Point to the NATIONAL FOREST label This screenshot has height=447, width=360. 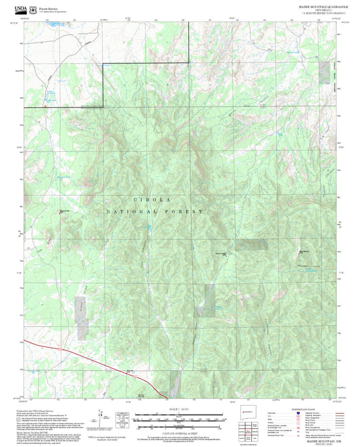point(155,211)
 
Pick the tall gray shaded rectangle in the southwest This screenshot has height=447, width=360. point(82,317)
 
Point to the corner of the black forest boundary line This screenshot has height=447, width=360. point(103,65)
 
